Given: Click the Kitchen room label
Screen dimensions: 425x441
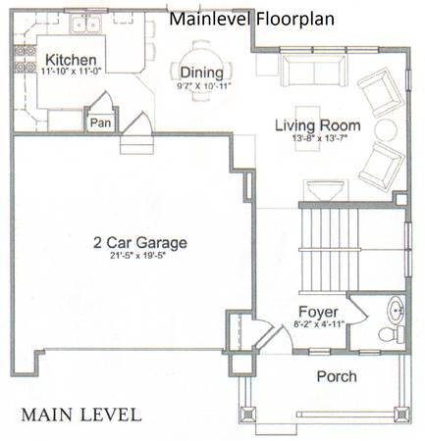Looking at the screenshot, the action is pos(71,60).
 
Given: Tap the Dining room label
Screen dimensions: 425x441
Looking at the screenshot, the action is pos(202,73).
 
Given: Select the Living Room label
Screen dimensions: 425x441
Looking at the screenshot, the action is pos(318,125).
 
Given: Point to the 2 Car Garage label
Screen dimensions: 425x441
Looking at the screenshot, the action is pos(140,243).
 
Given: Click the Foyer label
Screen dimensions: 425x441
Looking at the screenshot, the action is pos(318,312).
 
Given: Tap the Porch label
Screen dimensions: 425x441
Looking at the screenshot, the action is pos(337,376).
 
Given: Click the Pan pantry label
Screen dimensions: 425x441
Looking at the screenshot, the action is pos(100,122).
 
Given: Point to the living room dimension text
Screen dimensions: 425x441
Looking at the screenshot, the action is pos(319,138).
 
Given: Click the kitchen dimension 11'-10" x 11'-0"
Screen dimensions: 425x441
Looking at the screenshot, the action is pos(71,71).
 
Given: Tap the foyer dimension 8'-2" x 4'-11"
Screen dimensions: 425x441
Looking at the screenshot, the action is pos(319,324).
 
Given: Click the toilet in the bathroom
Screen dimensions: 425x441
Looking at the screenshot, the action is pos(392,334).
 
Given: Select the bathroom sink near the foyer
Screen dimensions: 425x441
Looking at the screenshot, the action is pos(397,310).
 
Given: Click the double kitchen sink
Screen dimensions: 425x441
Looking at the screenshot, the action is pos(86,24).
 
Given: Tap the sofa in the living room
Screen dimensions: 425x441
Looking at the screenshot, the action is pos(314,71).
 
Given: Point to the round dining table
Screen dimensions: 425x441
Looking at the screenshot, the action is pos(202,71).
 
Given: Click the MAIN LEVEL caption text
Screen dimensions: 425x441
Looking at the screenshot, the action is pos(81,415).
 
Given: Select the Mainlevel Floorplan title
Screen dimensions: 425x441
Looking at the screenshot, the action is pos(251,19).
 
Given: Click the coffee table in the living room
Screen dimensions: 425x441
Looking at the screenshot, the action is pos(307,128).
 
